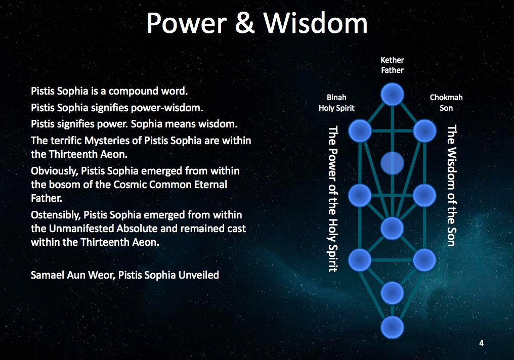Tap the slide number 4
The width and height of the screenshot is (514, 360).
481,343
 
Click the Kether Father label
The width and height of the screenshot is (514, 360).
392,65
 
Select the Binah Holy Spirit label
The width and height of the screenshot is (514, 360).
336,103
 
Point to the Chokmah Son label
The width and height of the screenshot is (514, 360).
446,103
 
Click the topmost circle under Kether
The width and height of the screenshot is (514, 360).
392,94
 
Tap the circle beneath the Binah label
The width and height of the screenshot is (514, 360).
360,131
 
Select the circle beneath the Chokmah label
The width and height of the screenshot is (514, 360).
424,131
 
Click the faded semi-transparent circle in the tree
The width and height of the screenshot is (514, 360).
392,163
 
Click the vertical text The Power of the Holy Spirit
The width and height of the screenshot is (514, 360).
332,198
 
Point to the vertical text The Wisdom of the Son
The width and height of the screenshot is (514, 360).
451,186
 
